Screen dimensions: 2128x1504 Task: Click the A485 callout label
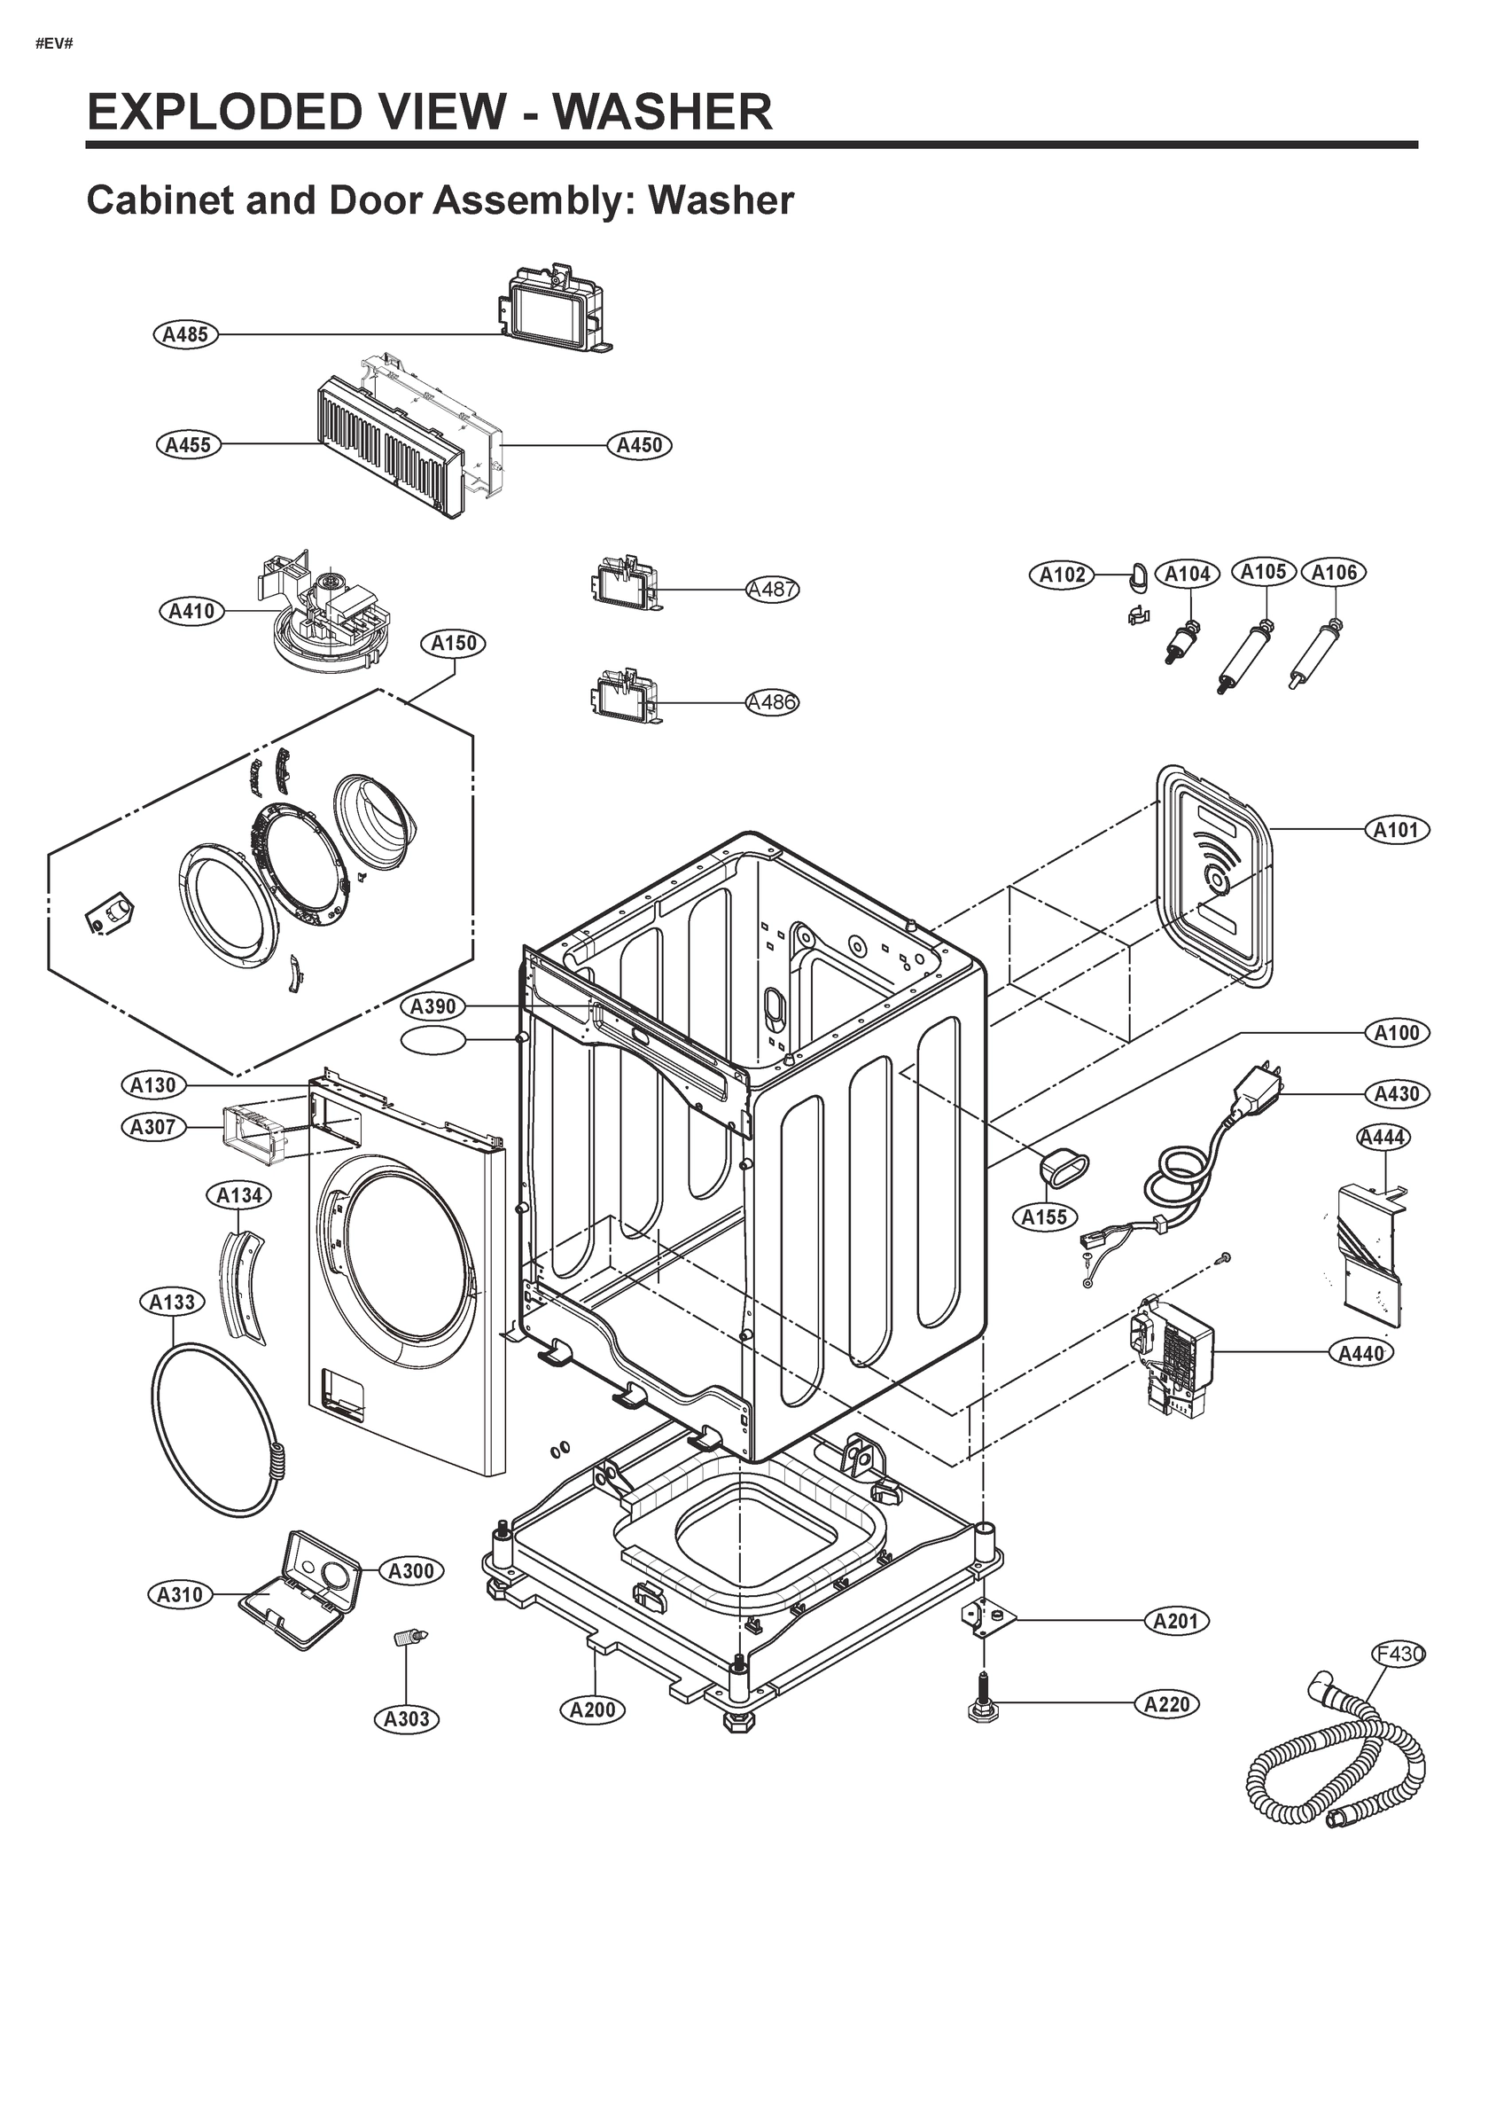point(185,334)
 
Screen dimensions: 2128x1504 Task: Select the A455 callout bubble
point(188,445)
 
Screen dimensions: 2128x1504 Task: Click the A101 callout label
point(1397,830)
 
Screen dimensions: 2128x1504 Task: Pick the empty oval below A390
point(432,1041)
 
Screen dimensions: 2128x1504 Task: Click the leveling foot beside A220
point(979,1704)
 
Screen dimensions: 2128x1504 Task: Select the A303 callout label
point(406,1719)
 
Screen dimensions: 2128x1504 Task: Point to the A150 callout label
point(454,643)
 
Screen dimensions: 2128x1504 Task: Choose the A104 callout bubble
point(1187,575)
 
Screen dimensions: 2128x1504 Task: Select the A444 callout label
point(1383,1138)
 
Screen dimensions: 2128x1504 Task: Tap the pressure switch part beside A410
point(320,616)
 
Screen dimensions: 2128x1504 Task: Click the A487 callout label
point(773,590)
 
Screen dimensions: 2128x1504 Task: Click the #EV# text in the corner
point(54,44)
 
